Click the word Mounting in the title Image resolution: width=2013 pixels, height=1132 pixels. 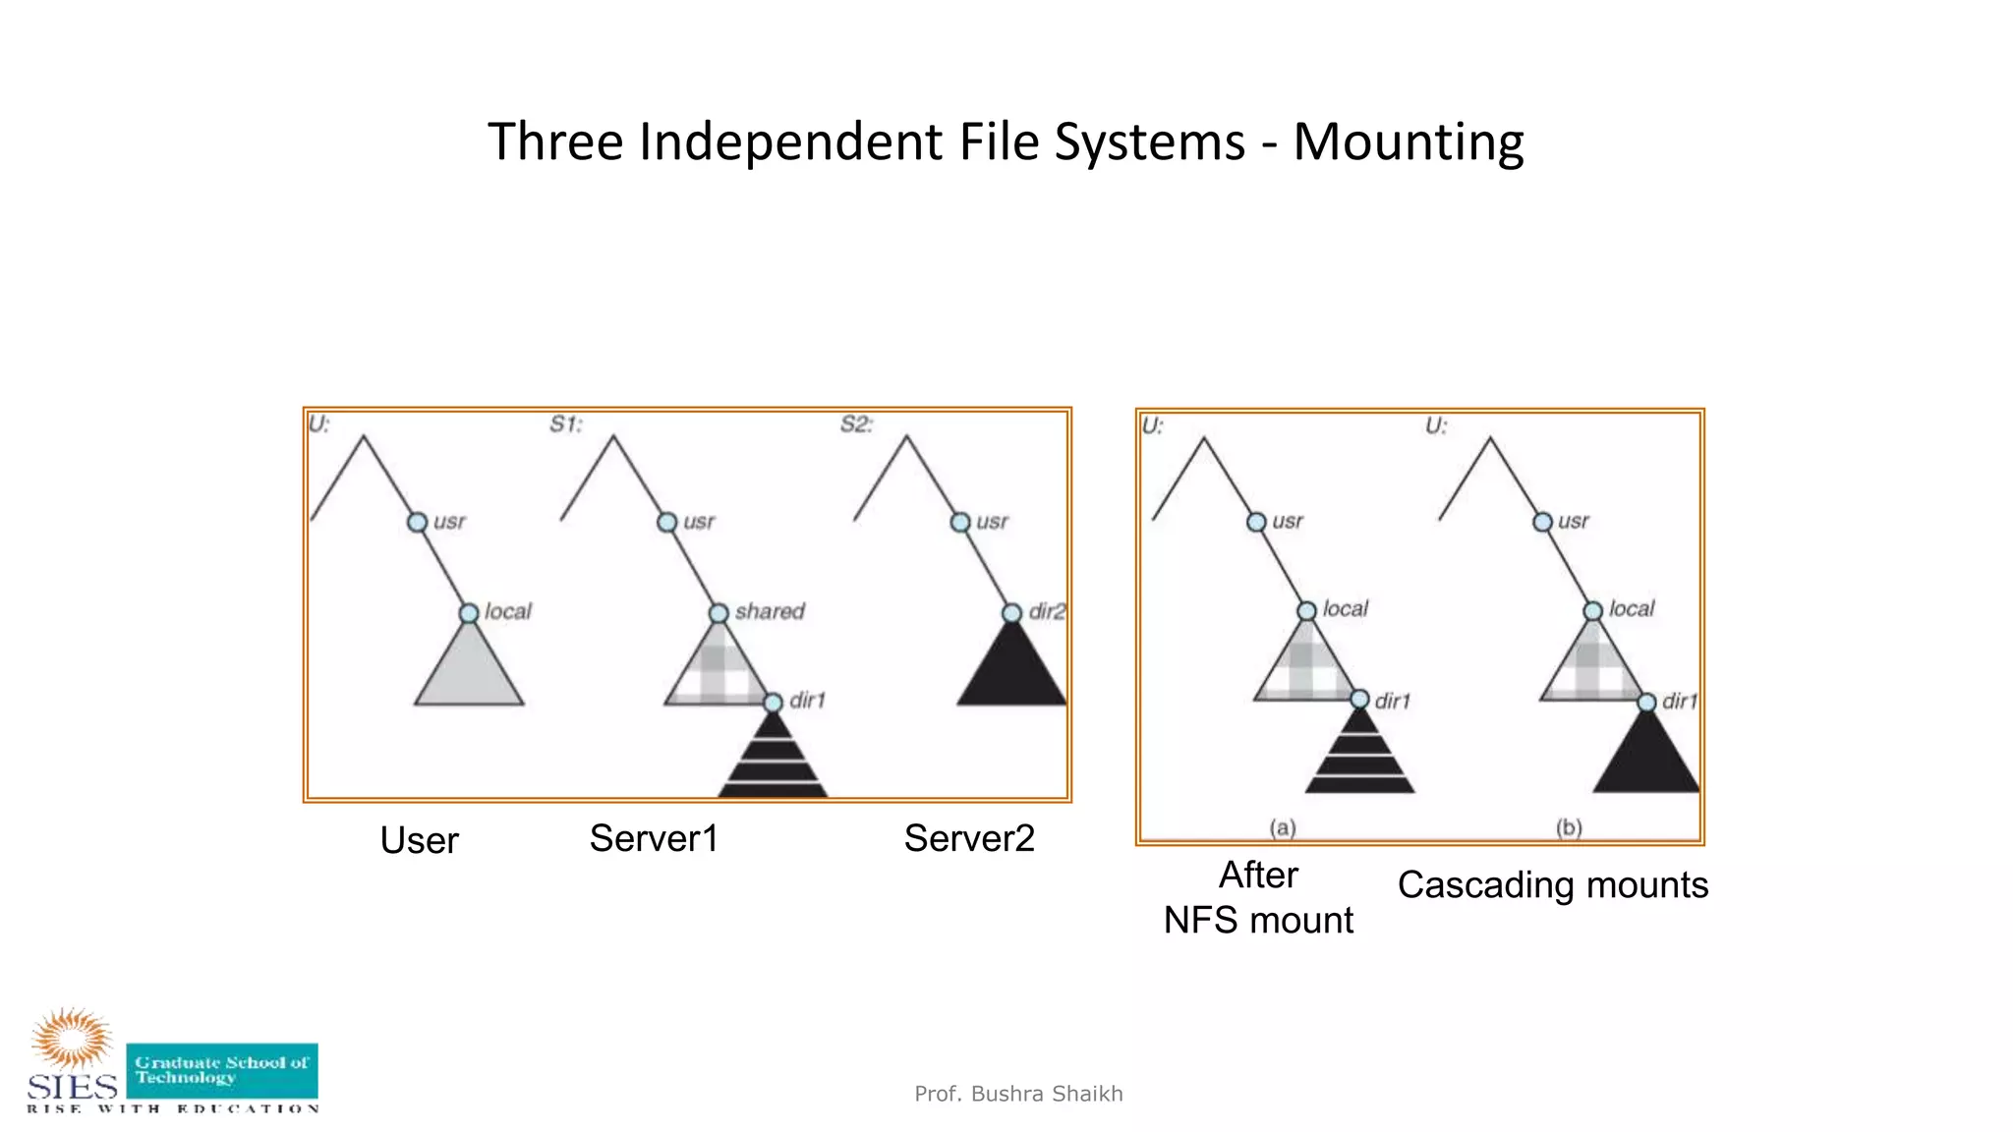[x=1408, y=142]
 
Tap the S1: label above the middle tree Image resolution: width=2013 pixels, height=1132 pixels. [x=566, y=424]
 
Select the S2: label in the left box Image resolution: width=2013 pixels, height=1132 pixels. [x=856, y=424]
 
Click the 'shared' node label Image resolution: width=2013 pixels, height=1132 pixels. [x=770, y=611]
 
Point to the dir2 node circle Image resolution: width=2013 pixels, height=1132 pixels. [x=1011, y=613]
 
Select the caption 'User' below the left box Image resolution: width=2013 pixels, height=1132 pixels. [x=419, y=840]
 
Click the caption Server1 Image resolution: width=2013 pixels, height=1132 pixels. [x=654, y=838]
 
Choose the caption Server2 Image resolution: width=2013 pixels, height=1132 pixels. [x=969, y=838]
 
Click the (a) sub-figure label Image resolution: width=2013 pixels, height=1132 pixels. [x=1283, y=827]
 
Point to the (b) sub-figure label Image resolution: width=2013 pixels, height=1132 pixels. [x=1569, y=827]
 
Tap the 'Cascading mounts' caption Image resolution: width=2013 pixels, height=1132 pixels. [x=1552, y=884]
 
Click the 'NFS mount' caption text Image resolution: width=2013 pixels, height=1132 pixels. [x=1258, y=921]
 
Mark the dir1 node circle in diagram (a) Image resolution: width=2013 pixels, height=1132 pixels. [x=1359, y=700]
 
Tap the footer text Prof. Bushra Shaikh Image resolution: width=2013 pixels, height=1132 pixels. [x=1018, y=1094]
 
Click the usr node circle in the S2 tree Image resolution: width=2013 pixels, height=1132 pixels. [x=960, y=522]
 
